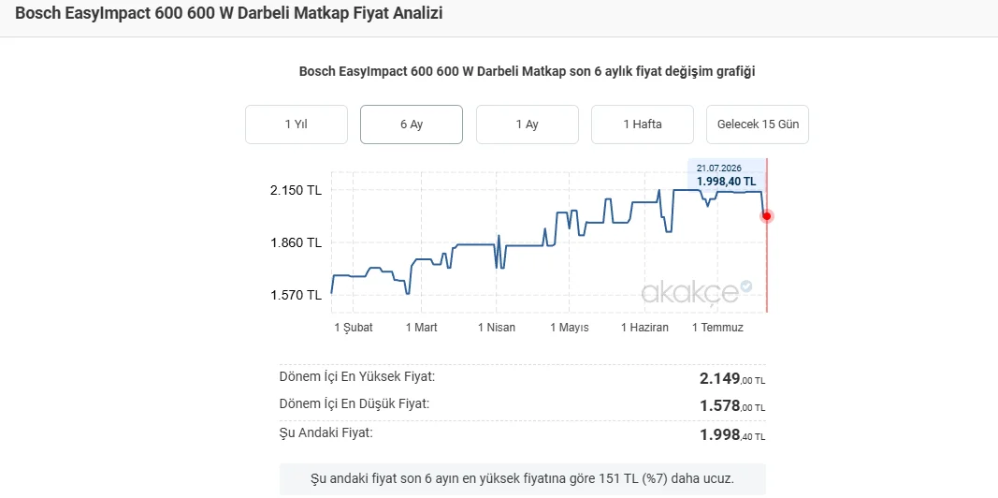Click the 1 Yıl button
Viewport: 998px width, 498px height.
point(296,124)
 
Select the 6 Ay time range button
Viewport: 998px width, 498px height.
point(412,124)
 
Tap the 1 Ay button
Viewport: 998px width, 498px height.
point(527,124)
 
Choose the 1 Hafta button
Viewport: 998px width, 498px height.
point(643,124)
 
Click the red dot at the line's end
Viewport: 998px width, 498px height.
point(767,216)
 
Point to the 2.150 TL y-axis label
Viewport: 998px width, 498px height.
point(296,190)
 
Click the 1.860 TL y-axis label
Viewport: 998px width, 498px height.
point(296,242)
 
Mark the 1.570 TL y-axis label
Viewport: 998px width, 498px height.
point(296,295)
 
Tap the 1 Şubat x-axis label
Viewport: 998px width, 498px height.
point(354,328)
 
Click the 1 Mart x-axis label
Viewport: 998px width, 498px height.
point(421,328)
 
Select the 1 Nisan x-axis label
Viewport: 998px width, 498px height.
point(497,328)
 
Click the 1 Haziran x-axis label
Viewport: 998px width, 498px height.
point(644,328)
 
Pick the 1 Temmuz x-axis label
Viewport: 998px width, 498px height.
point(717,328)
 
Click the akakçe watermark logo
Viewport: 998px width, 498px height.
point(696,292)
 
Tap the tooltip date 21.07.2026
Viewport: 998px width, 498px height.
point(718,168)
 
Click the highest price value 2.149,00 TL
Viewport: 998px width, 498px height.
point(732,379)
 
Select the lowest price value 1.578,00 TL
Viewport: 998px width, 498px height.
point(732,405)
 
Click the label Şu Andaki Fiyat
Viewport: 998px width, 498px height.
point(325,433)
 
